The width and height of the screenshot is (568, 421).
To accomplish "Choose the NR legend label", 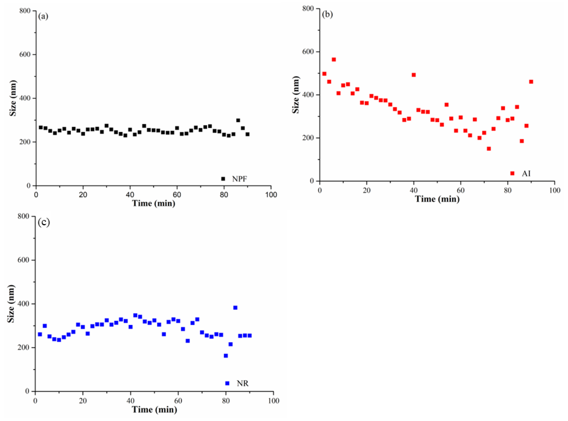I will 242,383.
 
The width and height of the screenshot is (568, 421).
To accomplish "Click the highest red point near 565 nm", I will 334,60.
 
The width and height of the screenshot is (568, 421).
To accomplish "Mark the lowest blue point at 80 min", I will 226,356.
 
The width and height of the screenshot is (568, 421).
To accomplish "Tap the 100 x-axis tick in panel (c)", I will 273,401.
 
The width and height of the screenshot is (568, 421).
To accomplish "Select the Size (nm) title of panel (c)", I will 11,304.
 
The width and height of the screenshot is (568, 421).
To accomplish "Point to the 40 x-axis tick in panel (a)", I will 130,195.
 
